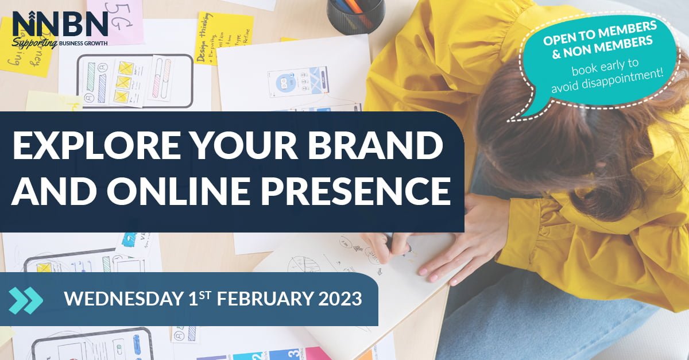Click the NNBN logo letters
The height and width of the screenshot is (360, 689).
pyautogui.click(x=60, y=24)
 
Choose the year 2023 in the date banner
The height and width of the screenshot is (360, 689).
pyautogui.click(x=339, y=299)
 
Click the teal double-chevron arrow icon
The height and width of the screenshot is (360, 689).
pyautogui.click(x=26, y=300)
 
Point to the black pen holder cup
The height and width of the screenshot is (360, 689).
pyautogui.click(x=355, y=14)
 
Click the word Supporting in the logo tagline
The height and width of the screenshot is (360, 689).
pyautogui.click(x=34, y=44)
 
